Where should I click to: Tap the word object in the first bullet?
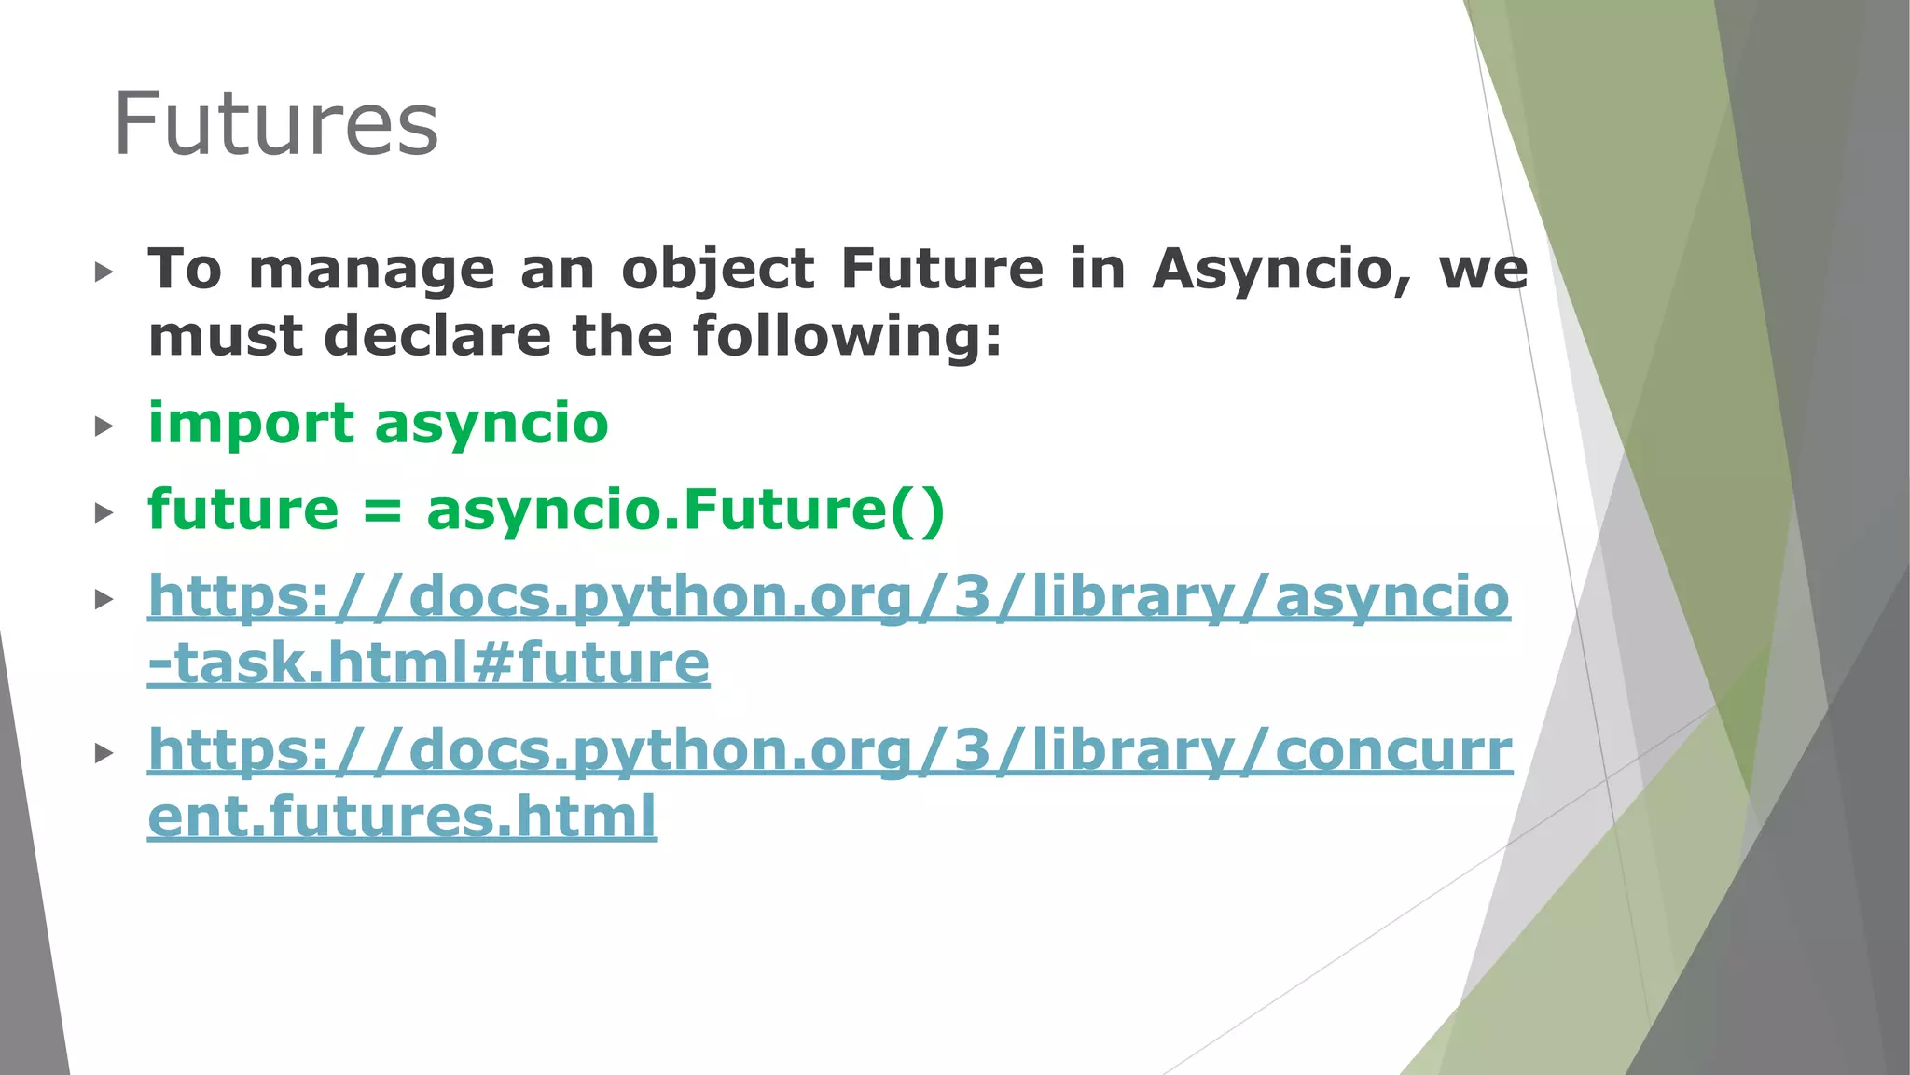(x=718, y=270)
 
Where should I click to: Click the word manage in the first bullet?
(x=371, y=270)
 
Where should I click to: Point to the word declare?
(x=437, y=336)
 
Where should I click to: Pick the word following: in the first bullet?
(x=847, y=336)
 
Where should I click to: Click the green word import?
(x=251, y=424)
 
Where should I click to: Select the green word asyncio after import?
(x=491, y=424)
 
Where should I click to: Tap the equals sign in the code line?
(x=382, y=510)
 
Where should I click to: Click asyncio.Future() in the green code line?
(x=685, y=510)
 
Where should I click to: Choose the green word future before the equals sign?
(x=243, y=510)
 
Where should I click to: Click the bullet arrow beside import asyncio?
(x=104, y=426)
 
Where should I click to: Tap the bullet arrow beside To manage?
(x=104, y=272)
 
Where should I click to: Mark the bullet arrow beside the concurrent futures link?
(x=104, y=753)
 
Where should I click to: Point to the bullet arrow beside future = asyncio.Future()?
(x=104, y=512)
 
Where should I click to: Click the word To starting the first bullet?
(x=185, y=270)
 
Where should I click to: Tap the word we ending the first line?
(x=1484, y=270)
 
